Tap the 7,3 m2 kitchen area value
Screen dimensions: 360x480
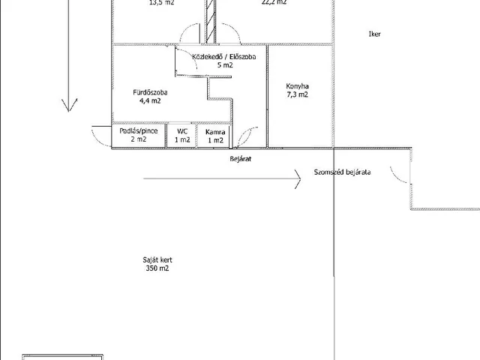tap(298, 95)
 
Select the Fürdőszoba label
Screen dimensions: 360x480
tap(150, 92)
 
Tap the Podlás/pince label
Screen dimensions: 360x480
tap(139, 131)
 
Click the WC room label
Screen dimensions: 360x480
tap(182, 131)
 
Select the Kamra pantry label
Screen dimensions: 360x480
tap(215, 131)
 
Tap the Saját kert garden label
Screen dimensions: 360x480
tap(158, 259)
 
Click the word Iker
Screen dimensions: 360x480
tap(375, 34)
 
